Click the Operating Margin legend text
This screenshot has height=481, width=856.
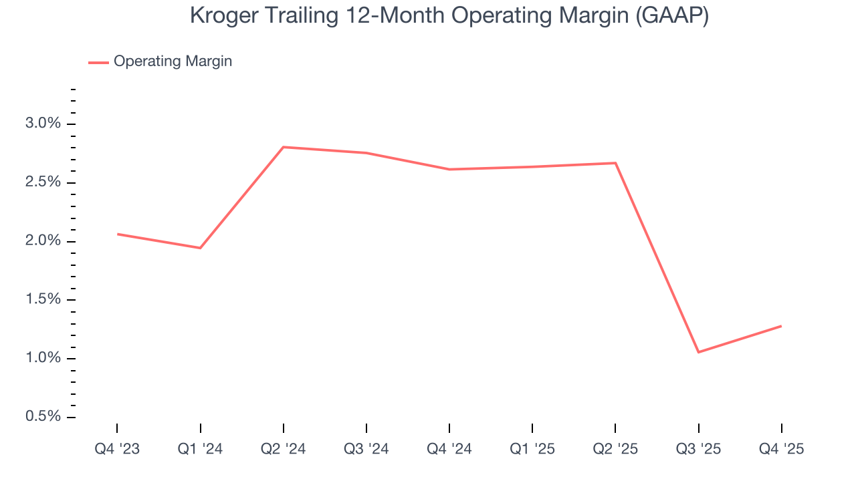pyautogui.click(x=173, y=61)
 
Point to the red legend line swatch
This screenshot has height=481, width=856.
pyautogui.click(x=98, y=62)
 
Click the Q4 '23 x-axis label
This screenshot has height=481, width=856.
pyautogui.click(x=117, y=449)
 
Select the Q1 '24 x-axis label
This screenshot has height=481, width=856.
pyautogui.click(x=200, y=449)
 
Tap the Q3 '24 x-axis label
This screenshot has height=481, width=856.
pyautogui.click(x=366, y=449)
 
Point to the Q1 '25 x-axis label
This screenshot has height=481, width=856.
pyautogui.click(x=532, y=449)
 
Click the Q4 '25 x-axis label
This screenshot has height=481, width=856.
pyautogui.click(x=781, y=449)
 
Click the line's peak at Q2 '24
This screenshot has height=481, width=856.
pyautogui.click(x=284, y=147)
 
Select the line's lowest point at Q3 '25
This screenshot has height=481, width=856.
pyautogui.click(x=698, y=352)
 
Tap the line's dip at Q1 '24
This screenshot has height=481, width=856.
pyautogui.click(x=200, y=248)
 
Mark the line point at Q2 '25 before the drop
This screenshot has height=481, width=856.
pyautogui.click(x=615, y=163)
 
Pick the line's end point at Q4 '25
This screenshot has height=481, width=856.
pyautogui.click(x=781, y=326)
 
